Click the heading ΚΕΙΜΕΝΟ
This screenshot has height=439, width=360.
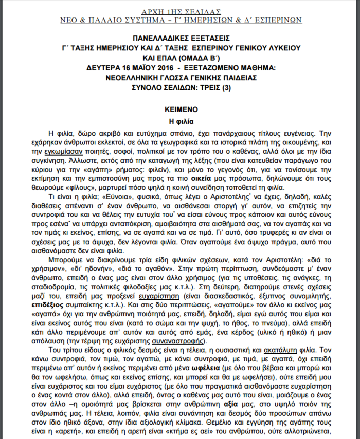[180, 110]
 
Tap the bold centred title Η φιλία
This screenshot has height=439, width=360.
[180, 122]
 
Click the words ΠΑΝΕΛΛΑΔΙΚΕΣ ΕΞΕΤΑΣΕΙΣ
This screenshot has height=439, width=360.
[180, 38]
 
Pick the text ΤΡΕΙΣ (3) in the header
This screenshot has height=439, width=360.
[229, 87]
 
